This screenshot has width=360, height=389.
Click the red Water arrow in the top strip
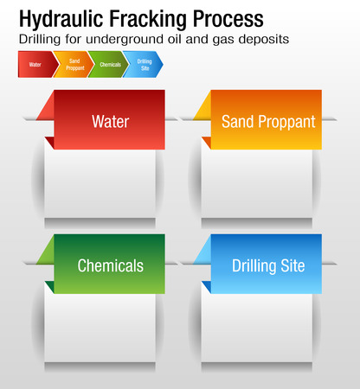pyautogui.click(x=35, y=65)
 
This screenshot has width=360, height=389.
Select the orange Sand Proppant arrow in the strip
pyautogui.click(x=74, y=65)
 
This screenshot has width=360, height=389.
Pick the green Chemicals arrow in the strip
pyautogui.click(x=108, y=65)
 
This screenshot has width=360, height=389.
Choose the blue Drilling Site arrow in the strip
pyautogui.click(x=144, y=65)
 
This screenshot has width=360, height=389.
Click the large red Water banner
pyautogui.click(x=109, y=120)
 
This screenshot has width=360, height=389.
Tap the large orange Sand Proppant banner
pyautogui.click(x=267, y=120)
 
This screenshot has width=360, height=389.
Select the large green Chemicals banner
pyautogui.click(x=109, y=265)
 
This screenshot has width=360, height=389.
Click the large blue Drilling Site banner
pyautogui.click(x=267, y=265)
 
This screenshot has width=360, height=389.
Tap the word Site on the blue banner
pyautogui.click(x=292, y=265)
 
